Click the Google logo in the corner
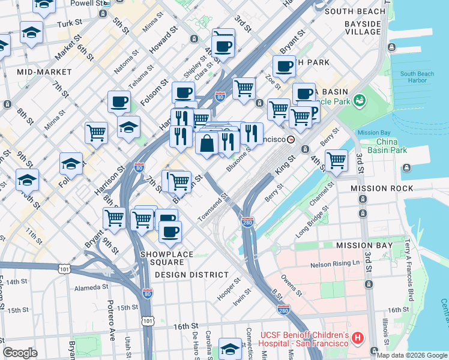[20, 353]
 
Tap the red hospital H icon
[358, 338]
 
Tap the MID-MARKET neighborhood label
[44, 72]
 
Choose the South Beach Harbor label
[417, 77]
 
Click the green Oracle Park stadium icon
[360, 100]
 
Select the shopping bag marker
[207, 144]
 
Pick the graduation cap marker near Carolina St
[230, 349]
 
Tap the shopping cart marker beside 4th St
[337, 160]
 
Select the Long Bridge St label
[312, 223]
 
